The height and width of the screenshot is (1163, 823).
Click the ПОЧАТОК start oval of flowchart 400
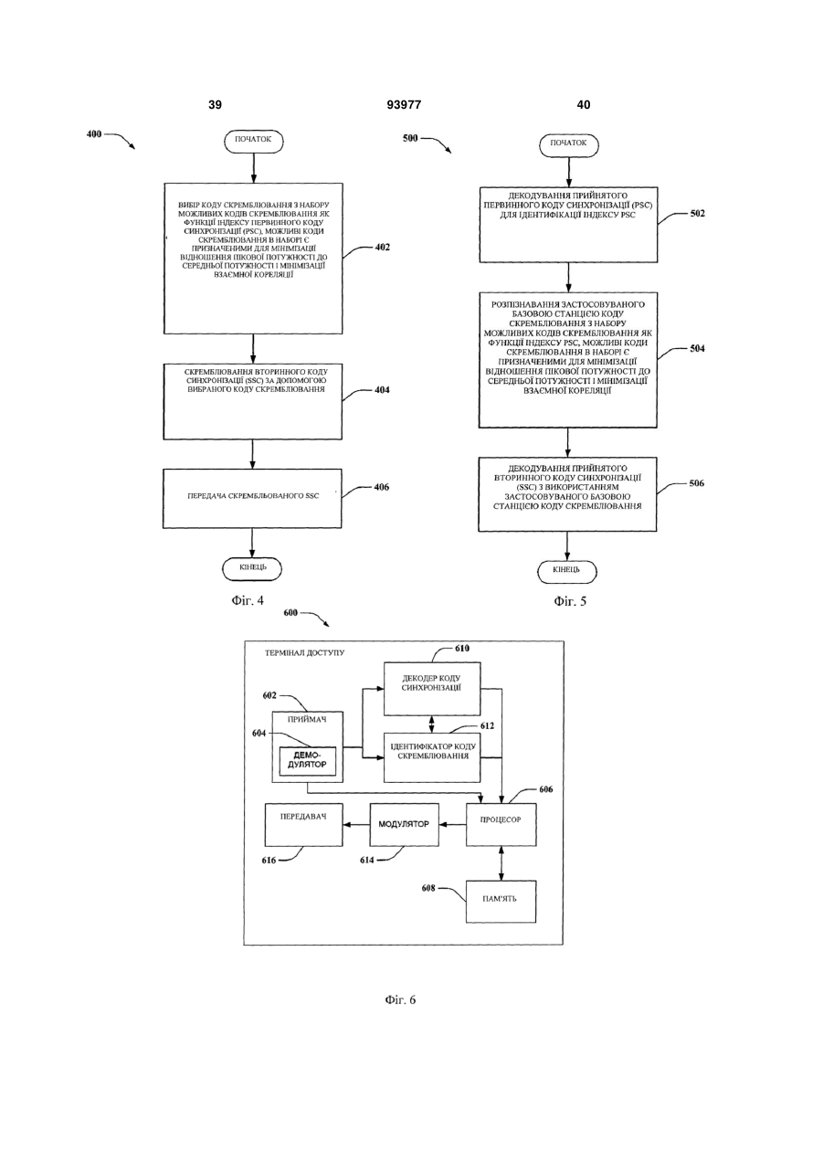253,142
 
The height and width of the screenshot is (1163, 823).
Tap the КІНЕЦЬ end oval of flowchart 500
566,572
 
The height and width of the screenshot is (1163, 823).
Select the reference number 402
382,248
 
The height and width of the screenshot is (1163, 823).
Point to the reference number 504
697,348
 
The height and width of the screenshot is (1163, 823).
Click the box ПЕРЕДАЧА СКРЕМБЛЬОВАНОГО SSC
252,499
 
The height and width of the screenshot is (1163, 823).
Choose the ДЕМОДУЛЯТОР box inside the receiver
308,761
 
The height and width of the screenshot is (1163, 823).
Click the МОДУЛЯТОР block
404,824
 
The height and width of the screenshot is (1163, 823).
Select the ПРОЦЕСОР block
501,824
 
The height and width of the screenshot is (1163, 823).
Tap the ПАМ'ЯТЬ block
501,902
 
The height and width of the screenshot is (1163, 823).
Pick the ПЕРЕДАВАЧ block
304,824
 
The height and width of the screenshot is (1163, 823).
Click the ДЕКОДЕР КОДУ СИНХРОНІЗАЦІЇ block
432,689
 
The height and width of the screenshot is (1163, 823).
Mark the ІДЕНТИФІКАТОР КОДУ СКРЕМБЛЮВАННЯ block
432,757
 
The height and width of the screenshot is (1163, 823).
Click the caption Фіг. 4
248,601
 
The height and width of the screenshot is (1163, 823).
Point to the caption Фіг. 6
400,1000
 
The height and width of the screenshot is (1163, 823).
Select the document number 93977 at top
404,105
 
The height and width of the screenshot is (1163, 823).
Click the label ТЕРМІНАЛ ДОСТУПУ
305,652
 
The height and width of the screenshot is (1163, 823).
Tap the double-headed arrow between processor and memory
501,863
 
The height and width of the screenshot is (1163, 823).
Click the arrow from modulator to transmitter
356,824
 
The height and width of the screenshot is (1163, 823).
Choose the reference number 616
269,861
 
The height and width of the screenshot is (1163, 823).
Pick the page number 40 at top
584,105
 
